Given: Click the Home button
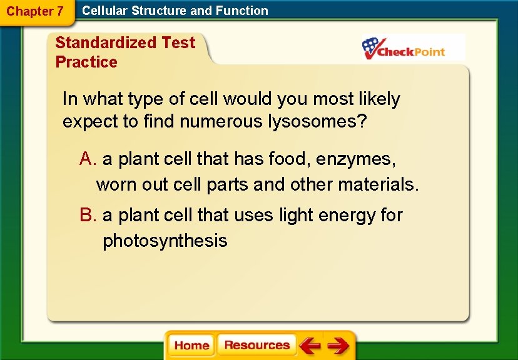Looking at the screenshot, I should [191, 346].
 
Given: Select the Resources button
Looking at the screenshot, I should [256, 345].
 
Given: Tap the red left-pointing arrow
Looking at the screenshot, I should [310, 346].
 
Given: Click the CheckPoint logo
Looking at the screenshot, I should [404, 48].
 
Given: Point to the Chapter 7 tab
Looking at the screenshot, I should [35, 11].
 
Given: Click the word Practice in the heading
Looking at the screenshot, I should [86, 62].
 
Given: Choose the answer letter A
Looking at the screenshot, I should [87, 159].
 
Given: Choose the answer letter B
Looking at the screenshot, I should [87, 215].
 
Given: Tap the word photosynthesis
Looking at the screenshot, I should [165, 241].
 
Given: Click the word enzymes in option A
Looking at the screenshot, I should [355, 159].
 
